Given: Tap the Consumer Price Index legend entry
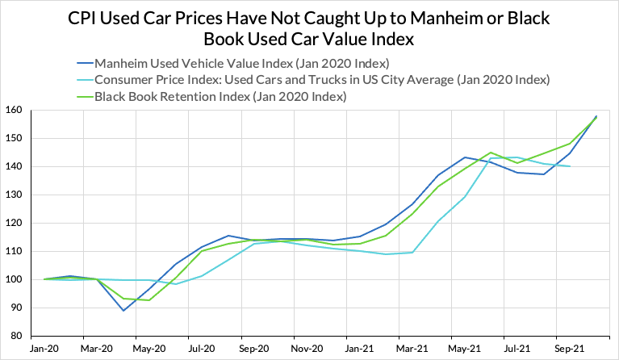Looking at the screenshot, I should pyautogui.click(x=322, y=80).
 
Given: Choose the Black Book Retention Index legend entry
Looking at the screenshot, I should pyautogui.click(x=220, y=97).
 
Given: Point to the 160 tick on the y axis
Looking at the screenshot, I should pyautogui.click(x=15, y=111).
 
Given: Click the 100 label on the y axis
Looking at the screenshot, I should pyautogui.click(x=15, y=280).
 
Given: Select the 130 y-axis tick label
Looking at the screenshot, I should pyautogui.click(x=15, y=195).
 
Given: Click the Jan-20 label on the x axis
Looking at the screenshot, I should pyautogui.click(x=44, y=349).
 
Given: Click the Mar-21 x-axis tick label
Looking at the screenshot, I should pyautogui.click(x=412, y=349).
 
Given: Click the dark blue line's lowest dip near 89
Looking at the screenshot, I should pyautogui.click(x=123, y=310).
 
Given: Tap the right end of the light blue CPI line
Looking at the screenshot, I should pyautogui.click(x=570, y=166).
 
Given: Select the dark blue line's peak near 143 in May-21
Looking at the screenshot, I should pyautogui.click(x=465, y=157).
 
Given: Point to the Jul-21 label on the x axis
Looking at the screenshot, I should pyautogui.click(x=517, y=349).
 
